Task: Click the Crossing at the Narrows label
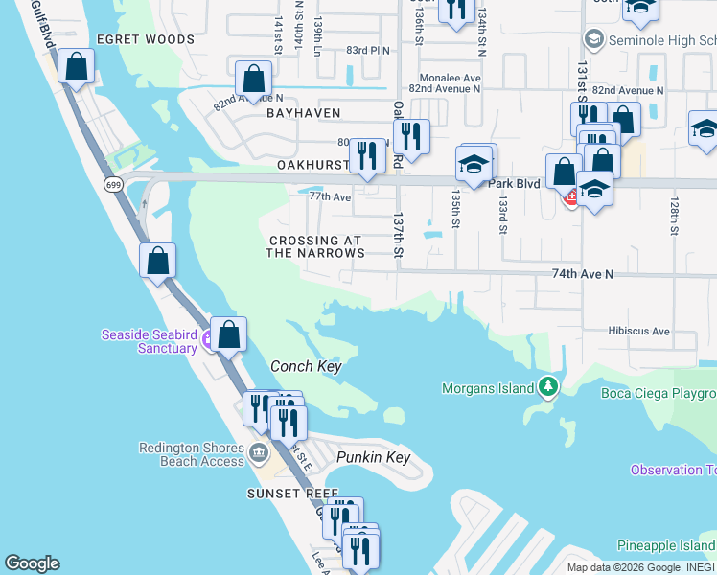316,247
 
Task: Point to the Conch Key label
306,366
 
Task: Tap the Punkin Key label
373,457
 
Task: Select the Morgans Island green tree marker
547,388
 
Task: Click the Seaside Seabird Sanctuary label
149,340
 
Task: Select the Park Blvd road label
515,182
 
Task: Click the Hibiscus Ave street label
638,331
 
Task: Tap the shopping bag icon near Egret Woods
76,67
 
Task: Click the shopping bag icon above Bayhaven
253,78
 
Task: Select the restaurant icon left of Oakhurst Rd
367,155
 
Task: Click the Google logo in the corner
32,563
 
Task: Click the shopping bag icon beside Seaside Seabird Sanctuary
228,334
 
